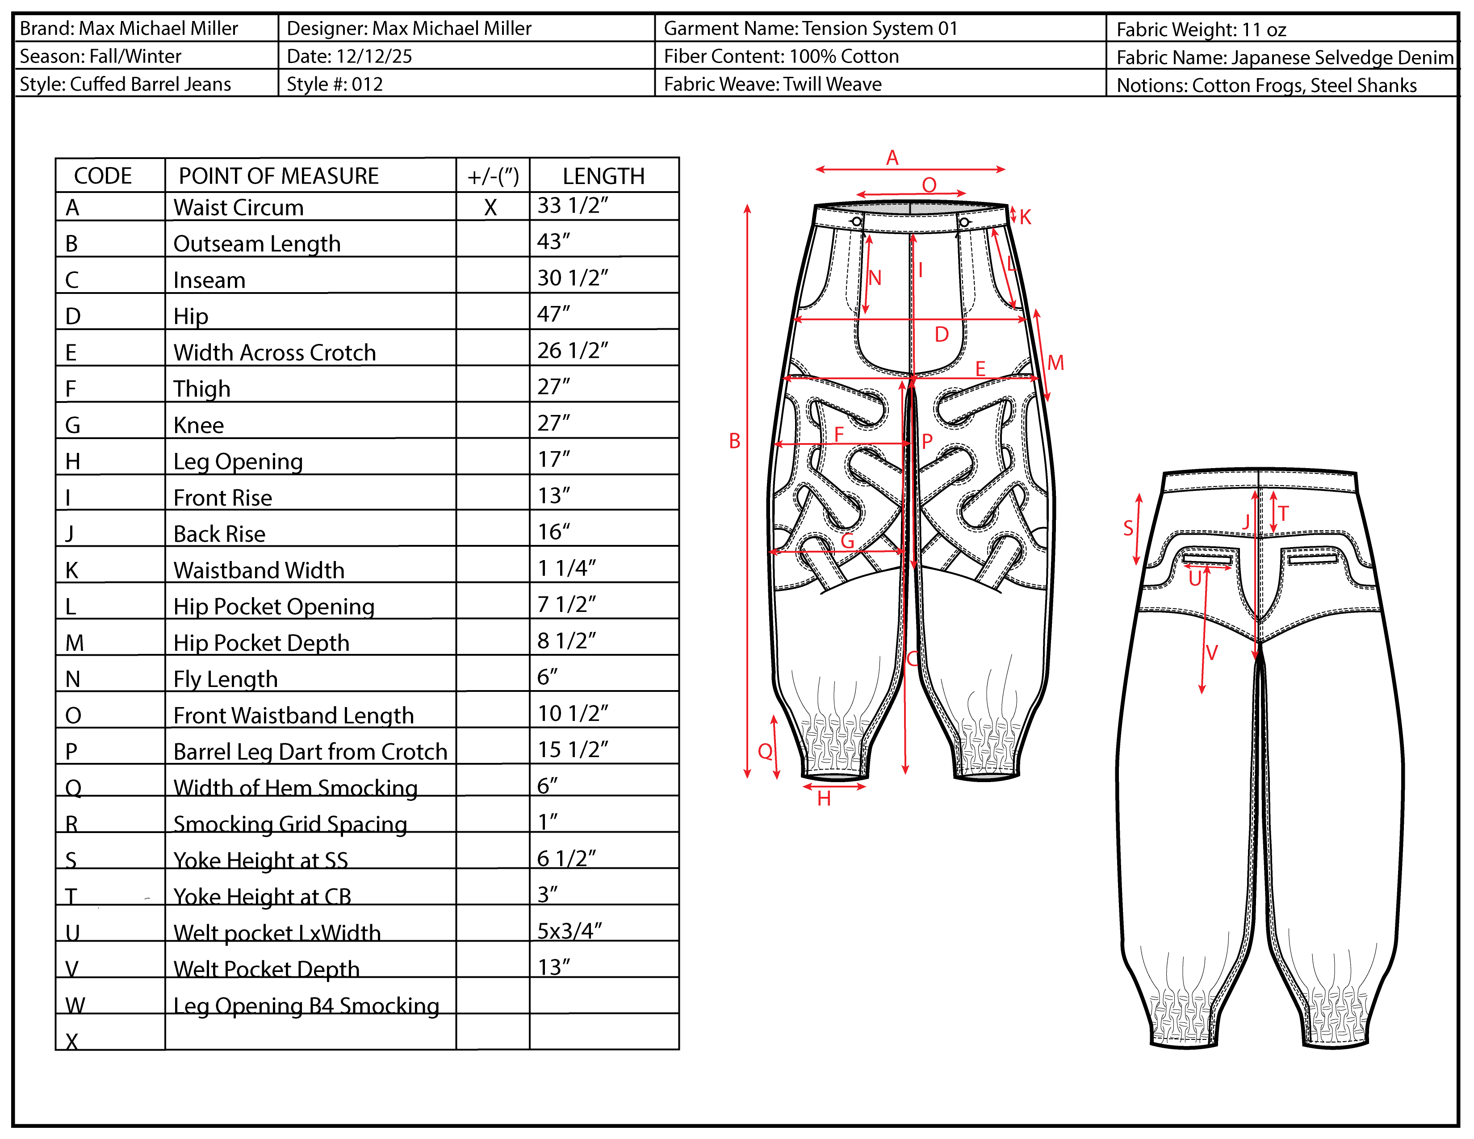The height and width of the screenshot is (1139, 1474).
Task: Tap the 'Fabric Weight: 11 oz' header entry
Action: click(x=1201, y=29)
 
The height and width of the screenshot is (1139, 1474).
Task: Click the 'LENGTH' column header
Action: click(x=603, y=176)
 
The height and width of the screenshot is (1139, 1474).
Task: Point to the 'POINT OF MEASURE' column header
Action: click(x=278, y=176)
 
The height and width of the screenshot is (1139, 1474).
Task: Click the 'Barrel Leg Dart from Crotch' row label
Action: click(x=310, y=751)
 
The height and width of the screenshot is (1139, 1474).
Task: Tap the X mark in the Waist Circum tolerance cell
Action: click(x=490, y=208)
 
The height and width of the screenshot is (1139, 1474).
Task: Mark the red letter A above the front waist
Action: click(x=892, y=158)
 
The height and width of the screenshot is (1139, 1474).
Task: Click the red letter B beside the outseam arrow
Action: click(x=734, y=441)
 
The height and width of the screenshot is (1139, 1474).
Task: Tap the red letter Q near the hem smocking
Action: click(x=765, y=751)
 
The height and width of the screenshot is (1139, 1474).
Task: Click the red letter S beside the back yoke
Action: click(x=1128, y=528)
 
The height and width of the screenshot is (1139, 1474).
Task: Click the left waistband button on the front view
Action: click(x=856, y=221)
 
